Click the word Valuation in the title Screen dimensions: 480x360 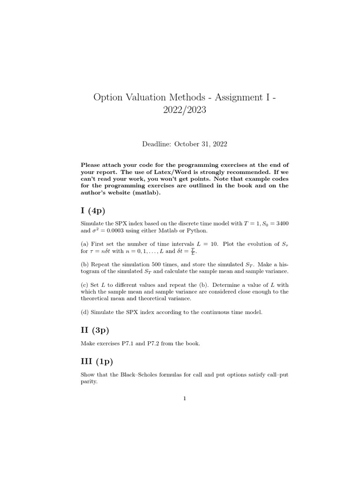[148, 97]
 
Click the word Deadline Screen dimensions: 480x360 [157, 144]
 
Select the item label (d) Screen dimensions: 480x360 [85, 312]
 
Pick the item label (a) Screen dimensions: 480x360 [85, 244]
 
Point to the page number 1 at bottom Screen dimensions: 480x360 [185, 399]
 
